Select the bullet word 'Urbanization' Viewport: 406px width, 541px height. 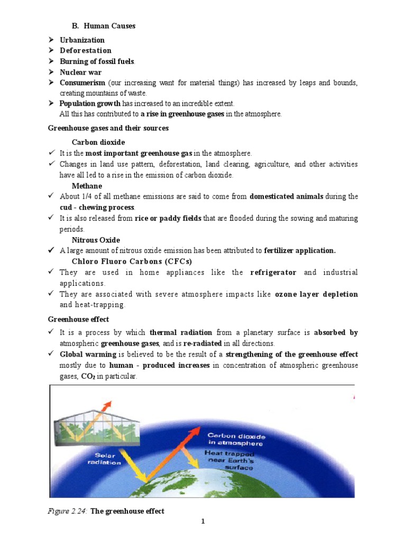point(82,40)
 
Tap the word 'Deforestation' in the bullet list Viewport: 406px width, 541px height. point(86,51)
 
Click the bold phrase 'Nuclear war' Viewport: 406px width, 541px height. point(80,72)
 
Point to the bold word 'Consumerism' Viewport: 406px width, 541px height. point(82,83)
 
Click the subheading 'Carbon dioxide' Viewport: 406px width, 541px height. point(98,142)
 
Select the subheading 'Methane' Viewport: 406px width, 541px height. point(87,186)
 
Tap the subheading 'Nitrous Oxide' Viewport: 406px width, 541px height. point(96,240)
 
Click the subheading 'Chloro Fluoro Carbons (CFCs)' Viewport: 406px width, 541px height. point(132,262)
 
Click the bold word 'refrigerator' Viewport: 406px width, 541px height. point(273,273)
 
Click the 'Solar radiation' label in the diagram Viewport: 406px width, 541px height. point(104,459)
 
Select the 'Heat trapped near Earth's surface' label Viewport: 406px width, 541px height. point(229,460)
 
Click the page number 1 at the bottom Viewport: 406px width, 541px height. point(202,522)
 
